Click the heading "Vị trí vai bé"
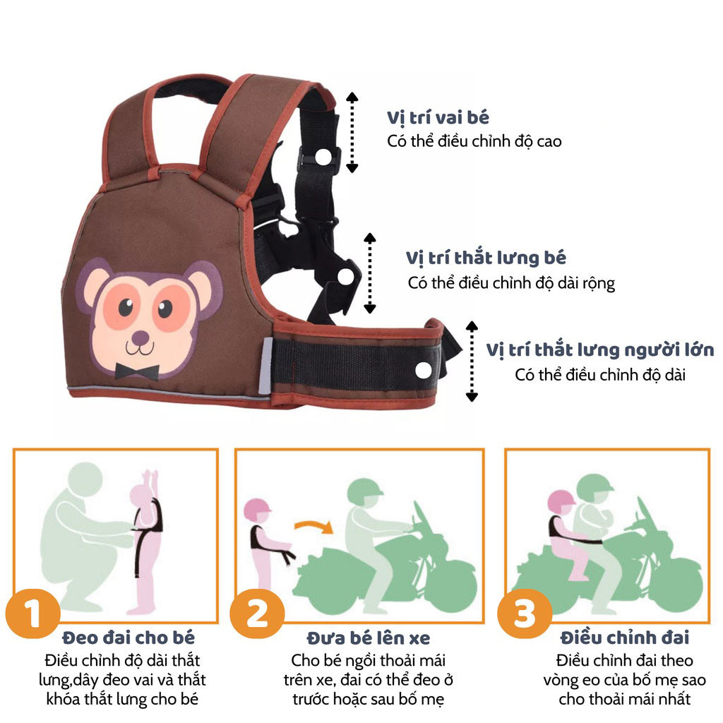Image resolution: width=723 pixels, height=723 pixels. pyautogui.click(x=438, y=118)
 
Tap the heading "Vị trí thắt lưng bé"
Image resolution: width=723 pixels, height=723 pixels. pyautogui.click(x=486, y=258)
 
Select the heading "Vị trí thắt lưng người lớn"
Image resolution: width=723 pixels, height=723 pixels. pyautogui.click(x=600, y=350)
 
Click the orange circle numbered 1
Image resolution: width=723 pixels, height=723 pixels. pyautogui.click(x=32, y=614)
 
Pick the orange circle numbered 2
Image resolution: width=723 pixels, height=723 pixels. pyautogui.click(x=257, y=614)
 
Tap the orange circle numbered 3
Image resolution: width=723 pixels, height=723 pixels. pyautogui.click(x=525, y=614)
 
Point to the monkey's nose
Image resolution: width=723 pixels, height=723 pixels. pyautogui.click(x=141, y=338)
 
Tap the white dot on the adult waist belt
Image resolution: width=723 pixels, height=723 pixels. pyautogui.click(x=424, y=370)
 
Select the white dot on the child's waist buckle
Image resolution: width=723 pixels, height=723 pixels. pyautogui.click(x=346, y=277)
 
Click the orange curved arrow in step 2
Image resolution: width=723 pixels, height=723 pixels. pyautogui.click(x=314, y=525)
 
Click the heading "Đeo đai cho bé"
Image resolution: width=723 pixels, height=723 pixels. pyautogui.click(x=129, y=638)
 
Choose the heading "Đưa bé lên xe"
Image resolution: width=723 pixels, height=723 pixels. pyautogui.click(x=369, y=638)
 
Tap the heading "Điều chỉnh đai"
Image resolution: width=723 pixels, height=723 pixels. pyautogui.click(x=625, y=638)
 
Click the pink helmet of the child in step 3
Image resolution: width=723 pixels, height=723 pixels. pyautogui.click(x=561, y=502)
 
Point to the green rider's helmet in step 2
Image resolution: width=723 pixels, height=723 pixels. pyautogui.click(x=364, y=491)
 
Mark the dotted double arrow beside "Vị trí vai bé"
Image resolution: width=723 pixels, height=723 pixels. pyautogui.click(x=352, y=132)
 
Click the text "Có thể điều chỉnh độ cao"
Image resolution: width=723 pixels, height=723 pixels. pyautogui.click(x=474, y=141)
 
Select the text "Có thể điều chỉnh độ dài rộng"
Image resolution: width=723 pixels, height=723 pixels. pyautogui.click(x=511, y=282)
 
